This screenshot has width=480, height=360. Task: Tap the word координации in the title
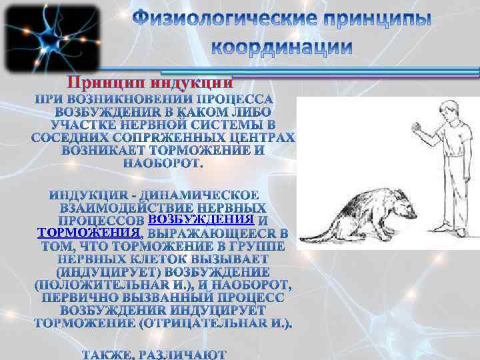coord(282,47)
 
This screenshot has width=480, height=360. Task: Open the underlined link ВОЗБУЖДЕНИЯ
coord(200,219)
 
